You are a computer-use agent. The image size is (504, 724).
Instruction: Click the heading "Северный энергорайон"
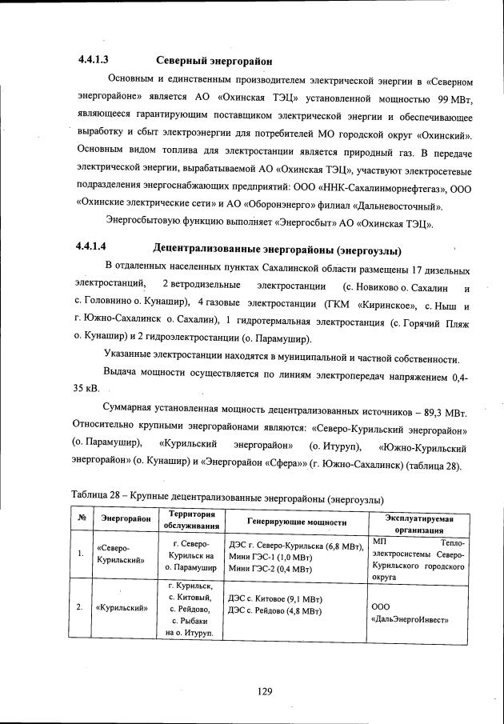tap(213, 61)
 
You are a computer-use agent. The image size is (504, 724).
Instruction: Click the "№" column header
tap(81, 519)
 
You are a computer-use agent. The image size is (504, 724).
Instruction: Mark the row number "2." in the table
tap(80, 607)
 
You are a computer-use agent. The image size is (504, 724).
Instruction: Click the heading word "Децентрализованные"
tap(203, 249)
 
